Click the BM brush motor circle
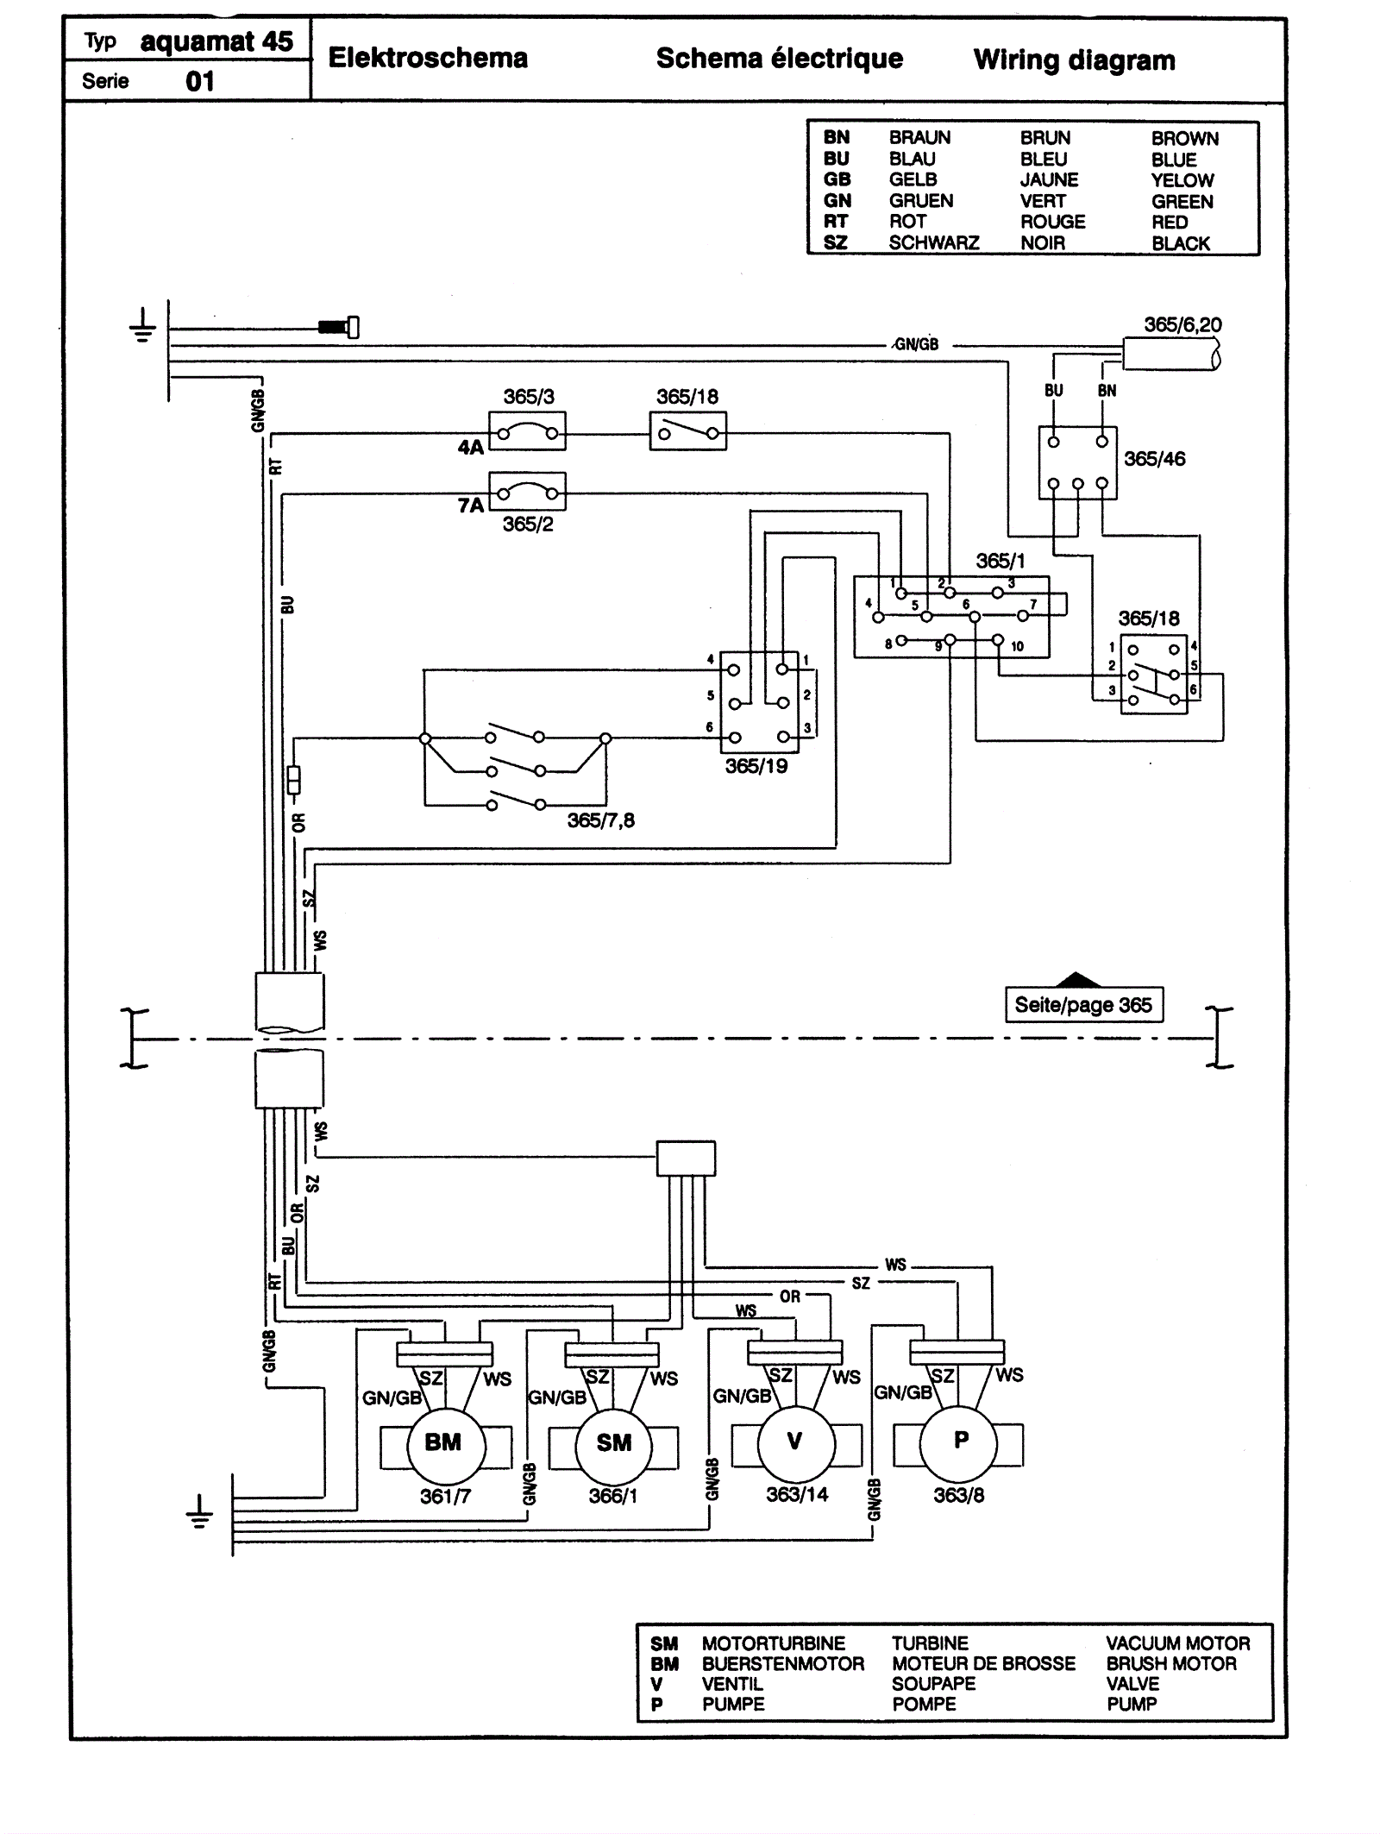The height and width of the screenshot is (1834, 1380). pyautogui.click(x=442, y=1442)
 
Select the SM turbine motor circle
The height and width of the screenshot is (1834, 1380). pyautogui.click(x=613, y=1442)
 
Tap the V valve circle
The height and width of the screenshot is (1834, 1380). pyautogui.click(x=795, y=1441)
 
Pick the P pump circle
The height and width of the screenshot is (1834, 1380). pyautogui.click(x=960, y=1440)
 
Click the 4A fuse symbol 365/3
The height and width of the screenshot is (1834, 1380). pyautogui.click(x=527, y=431)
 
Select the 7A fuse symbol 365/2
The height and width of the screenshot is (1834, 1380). pyautogui.click(x=527, y=493)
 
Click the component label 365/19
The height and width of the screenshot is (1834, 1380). pyautogui.click(x=756, y=766)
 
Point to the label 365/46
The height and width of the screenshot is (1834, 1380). pyautogui.click(x=1154, y=459)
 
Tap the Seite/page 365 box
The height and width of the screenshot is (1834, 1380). pyautogui.click(x=1083, y=1005)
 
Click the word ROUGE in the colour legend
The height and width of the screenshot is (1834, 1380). pyautogui.click(x=1052, y=222)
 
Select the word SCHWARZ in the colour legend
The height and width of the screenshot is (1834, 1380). pyautogui.click(x=934, y=243)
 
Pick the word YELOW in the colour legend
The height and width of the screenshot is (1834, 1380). pyautogui.click(x=1182, y=180)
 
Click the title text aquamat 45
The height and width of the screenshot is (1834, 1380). pyautogui.click(x=216, y=41)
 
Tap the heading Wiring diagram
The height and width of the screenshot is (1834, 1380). pyautogui.click(x=1074, y=60)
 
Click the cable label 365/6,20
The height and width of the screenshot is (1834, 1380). pyautogui.click(x=1182, y=325)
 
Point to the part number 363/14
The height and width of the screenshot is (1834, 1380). pyautogui.click(x=797, y=1494)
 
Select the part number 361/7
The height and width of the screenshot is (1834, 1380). pyautogui.click(x=445, y=1496)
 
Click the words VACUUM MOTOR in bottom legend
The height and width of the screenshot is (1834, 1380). pyautogui.click(x=1177, y=1643)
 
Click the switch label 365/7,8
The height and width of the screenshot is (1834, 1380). pyautogui.click(x=600, y=820)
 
